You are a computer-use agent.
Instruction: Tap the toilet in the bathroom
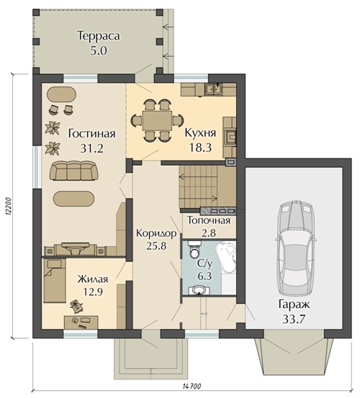click(x=195, y=250)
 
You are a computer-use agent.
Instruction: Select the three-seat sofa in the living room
click(x=74, y=171)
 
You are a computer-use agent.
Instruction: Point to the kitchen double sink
click(x=214, y=89)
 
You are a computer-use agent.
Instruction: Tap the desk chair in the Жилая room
click(x=76, y=305)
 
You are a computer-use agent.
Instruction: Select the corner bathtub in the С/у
click(x=225, y=258)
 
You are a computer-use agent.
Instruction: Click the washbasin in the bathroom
click(x=200, y=290)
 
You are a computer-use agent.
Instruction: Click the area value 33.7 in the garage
click(x=294, y=319)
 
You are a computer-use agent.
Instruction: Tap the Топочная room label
click(x=209, y=220)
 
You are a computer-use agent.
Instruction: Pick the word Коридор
click(x=156, y=233)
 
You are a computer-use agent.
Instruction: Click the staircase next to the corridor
click(x=199, y=187)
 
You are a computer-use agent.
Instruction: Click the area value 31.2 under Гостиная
click(x=92, y=148)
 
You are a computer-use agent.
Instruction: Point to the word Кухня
click(x=200, y=132)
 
